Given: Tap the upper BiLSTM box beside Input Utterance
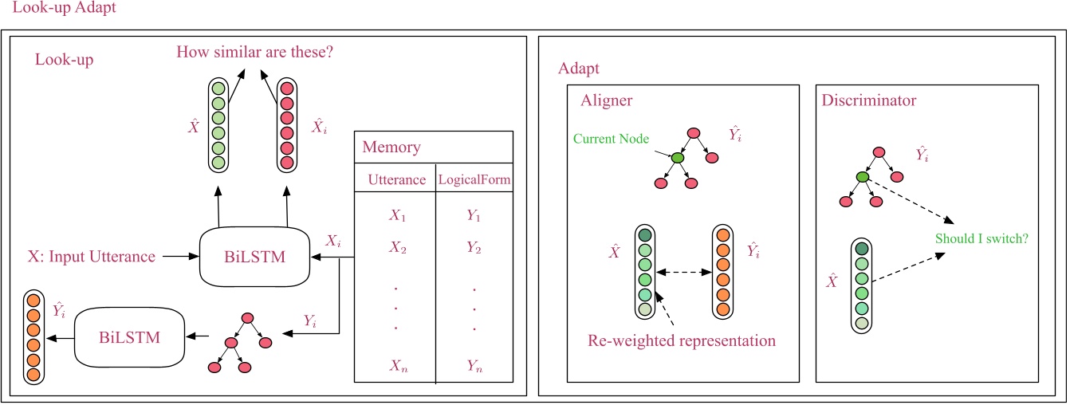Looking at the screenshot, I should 254,257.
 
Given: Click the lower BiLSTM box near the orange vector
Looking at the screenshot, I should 129,336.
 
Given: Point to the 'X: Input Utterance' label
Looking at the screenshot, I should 91,257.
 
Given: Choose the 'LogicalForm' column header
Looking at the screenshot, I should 474,181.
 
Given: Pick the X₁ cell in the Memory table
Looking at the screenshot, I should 397,215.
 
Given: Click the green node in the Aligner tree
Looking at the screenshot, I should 676,159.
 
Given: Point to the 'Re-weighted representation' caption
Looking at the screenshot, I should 682,341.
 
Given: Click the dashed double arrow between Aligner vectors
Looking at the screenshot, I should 683,273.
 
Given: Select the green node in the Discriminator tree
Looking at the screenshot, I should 861,177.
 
